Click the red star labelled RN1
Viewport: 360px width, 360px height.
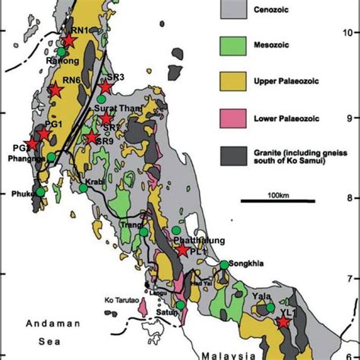[69, 41]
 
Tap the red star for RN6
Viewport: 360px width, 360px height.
[54, 90]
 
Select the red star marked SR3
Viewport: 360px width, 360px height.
[106, 87]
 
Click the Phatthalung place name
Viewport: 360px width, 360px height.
[201, 240]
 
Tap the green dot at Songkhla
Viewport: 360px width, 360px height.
[225, 264]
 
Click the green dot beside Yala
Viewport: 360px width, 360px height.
[270, 308]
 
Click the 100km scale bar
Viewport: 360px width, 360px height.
[278, 201]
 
